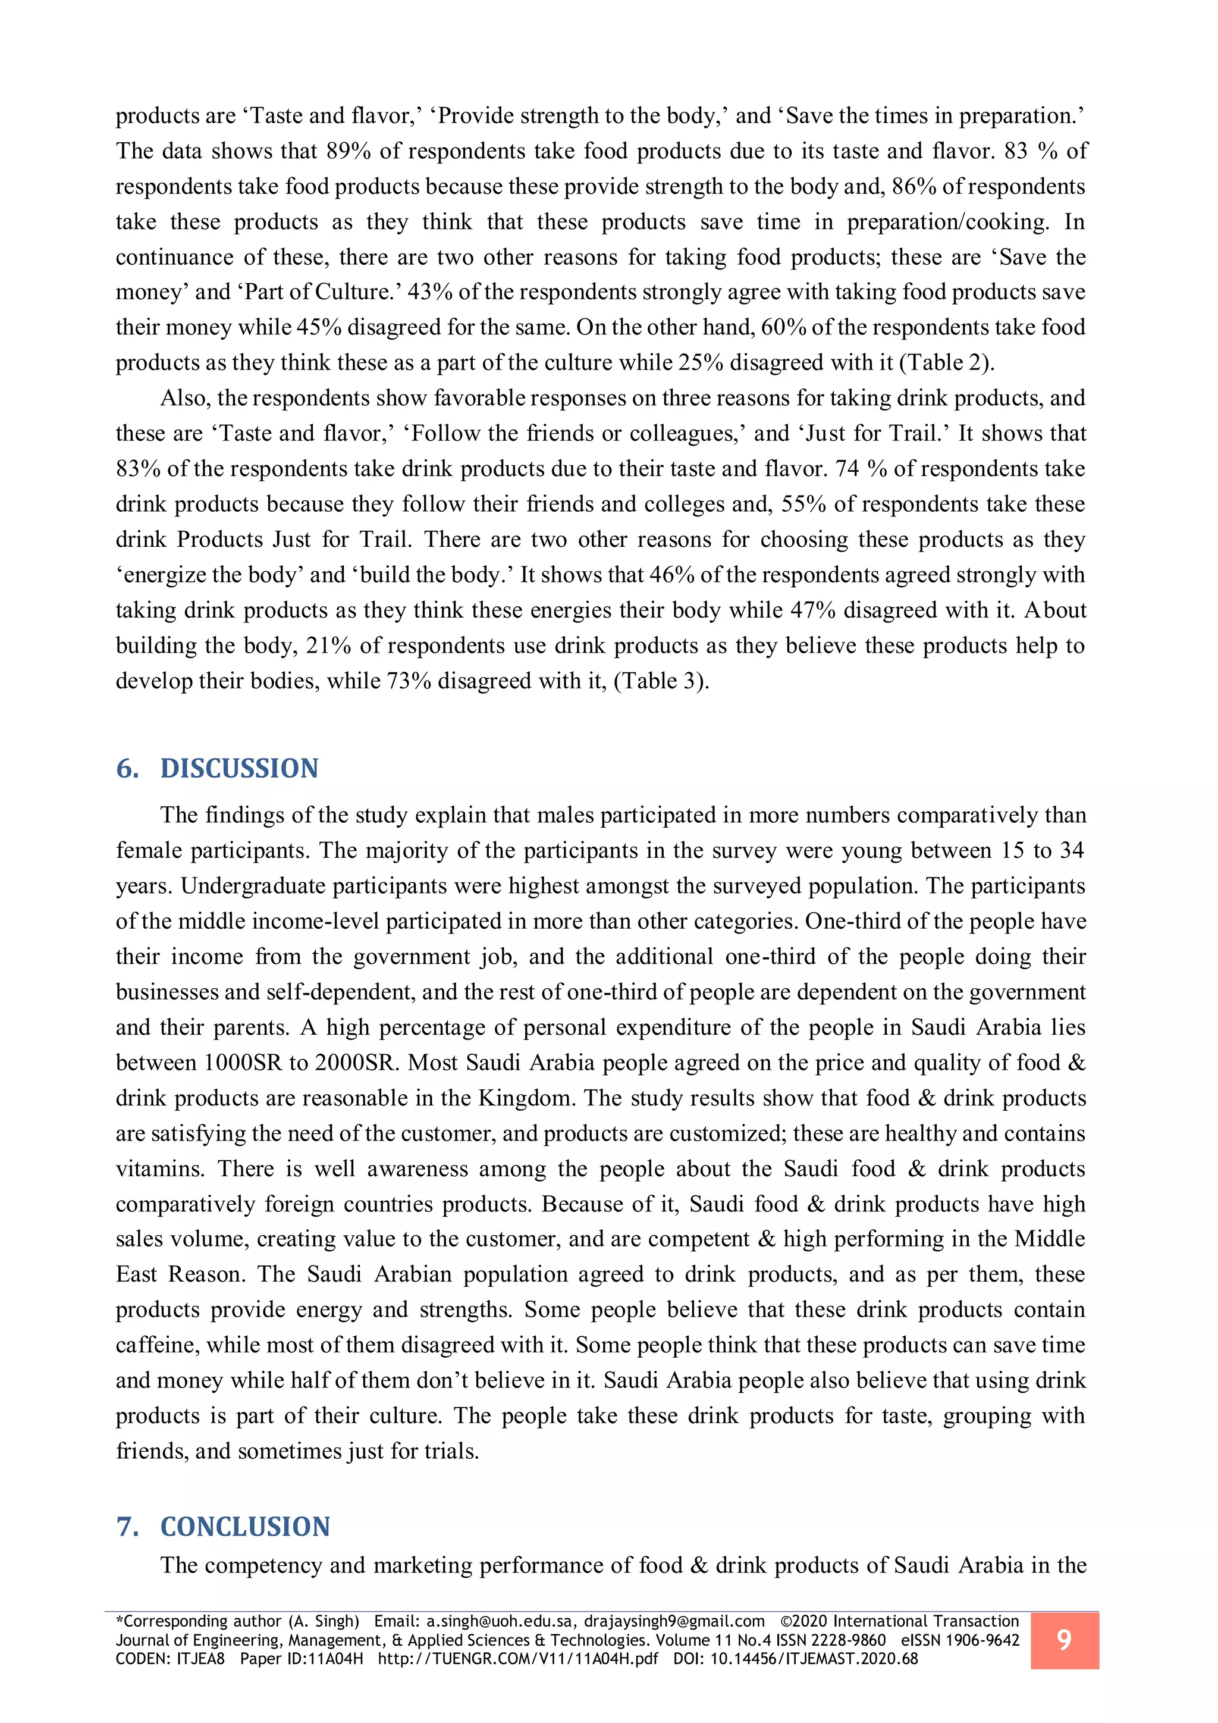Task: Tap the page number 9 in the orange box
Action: pos(1063,1640)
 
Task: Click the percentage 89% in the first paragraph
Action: pos(348,151)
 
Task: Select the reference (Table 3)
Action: pos(661,681)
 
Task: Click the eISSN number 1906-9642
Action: pos(982,1640)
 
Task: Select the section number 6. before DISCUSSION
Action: pos(127,769)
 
